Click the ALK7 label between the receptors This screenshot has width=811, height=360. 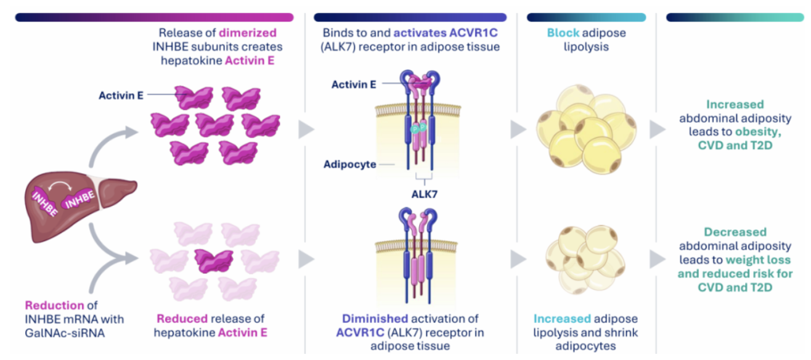pyautogui.click(x=424, y=194)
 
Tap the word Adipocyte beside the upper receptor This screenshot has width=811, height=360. pyautogui.click(x=349, y=165)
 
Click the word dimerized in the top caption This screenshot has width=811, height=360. pyautogui.click(x=252, y=33)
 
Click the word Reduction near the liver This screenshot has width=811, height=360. pyautogui.click(x=54, y=305)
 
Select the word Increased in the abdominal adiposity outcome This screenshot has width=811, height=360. pyautogui.click(x=735, y=104)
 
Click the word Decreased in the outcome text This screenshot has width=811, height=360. pyautogui.click(x=735, y=232)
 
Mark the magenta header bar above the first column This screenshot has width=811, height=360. pyautogui.click(x=154, y=17)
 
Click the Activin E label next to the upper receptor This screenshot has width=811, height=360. pyautogui.click(x=354, y=84)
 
